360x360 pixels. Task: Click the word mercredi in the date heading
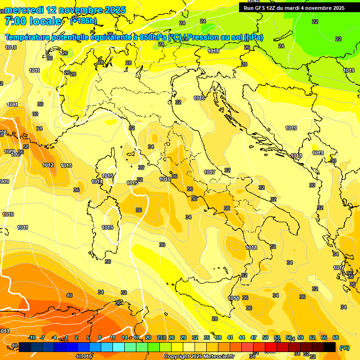[x=24, y=9]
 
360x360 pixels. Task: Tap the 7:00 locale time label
[x=33, y=21]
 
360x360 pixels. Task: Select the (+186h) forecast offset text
[x=83, y=21]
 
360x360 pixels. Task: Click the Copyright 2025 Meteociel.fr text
[x=199, y=356]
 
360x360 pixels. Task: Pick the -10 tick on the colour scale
[x=32, y=337]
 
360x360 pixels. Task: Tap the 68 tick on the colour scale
[x=336, y=337]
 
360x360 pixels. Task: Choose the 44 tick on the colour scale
[x=242, y=337]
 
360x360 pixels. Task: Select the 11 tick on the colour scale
[x=113, y=337]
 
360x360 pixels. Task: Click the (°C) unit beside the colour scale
[x=345, y=348]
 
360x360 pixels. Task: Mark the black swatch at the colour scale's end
[x=330, y=347]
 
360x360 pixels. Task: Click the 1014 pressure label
[x=97, y=181]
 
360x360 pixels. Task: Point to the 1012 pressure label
[x=48, y=165]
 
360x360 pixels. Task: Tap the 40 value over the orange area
[x=69, y=295]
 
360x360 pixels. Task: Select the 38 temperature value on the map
[x=26, y=147]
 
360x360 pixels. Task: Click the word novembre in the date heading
[x=79, y=9]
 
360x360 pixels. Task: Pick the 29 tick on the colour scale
[x=183, y=337]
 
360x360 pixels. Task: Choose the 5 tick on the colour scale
[x=88, y=337]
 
